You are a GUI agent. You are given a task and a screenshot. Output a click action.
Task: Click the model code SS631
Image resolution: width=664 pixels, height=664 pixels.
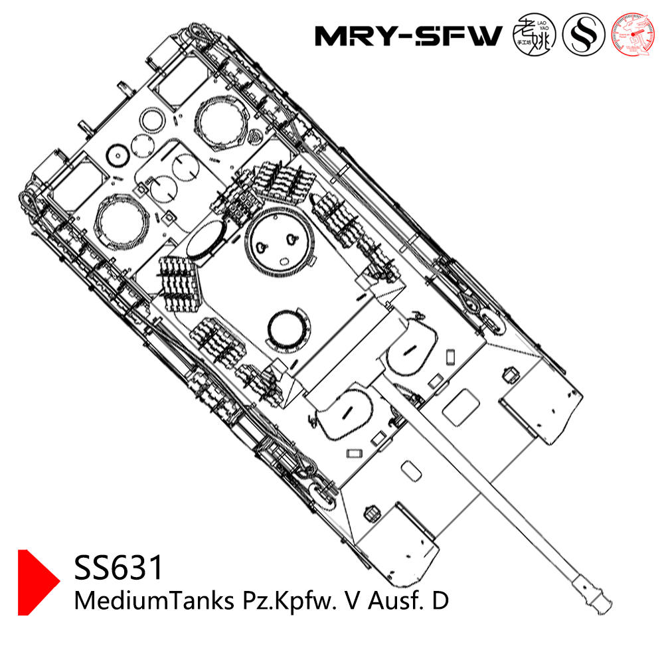[x=119, y=568]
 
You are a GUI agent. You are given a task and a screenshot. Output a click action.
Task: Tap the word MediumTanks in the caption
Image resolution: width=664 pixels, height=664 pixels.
[x=151, y=602]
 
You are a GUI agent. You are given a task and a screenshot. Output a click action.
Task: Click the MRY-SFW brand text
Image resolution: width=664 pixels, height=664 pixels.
[x=408, y=36]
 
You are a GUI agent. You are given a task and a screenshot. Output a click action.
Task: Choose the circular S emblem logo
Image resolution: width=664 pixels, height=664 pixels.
[x=583, y=35]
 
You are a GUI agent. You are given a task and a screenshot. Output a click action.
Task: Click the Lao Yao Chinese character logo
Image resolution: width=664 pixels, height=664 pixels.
[x=535, y=35]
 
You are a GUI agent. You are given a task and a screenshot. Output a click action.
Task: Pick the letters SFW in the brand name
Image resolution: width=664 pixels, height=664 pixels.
[x=462, y=36]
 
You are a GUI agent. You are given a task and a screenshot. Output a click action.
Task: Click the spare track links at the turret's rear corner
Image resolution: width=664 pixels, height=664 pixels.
[x=179, y=278]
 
